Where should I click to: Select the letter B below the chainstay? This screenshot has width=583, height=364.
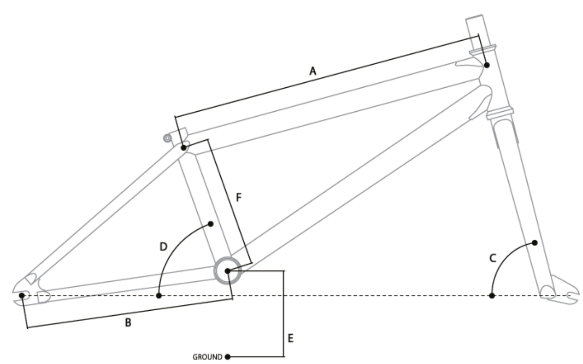click(128, 323)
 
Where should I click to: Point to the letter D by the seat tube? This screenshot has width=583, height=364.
click(164, 246)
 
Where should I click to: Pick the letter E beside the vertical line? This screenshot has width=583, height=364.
click(290, 338)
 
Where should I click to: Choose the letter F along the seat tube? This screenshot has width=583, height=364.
click(238, 198)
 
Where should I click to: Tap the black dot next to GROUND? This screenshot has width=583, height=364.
click(227, 357)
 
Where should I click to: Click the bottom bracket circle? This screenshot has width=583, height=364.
click(227, 271)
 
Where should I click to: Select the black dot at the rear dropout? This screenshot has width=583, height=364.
click(23, 296)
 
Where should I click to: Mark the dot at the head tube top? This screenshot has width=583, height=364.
click(487, 65)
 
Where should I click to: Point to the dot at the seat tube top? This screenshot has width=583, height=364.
click(183, 148)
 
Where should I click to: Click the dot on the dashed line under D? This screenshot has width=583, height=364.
click(159, 296)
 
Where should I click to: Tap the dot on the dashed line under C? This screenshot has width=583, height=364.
click(492, 296)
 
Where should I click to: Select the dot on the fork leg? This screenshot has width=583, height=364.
click(535, 243)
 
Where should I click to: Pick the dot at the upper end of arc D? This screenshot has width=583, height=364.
click(211, 224)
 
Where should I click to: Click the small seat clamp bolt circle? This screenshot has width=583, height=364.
click(167, 138)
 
